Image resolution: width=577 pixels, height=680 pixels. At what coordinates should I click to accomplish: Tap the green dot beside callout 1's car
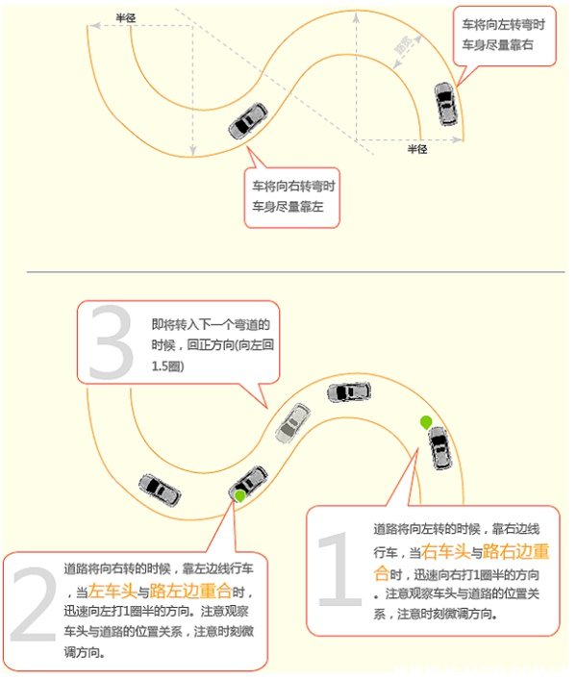pyautogui.click(x=425, y=421)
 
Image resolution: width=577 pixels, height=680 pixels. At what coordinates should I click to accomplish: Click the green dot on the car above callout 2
pyautogui.click(x=239, y=495)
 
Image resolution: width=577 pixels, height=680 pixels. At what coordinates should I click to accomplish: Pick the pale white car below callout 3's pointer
pyautogui.click(x=293, y=422)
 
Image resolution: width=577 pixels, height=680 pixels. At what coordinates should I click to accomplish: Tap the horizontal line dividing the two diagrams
pyautogui.click(x=288, y=271)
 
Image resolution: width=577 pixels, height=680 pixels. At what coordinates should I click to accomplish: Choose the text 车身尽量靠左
pyautogui.click(x=288, y=205)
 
